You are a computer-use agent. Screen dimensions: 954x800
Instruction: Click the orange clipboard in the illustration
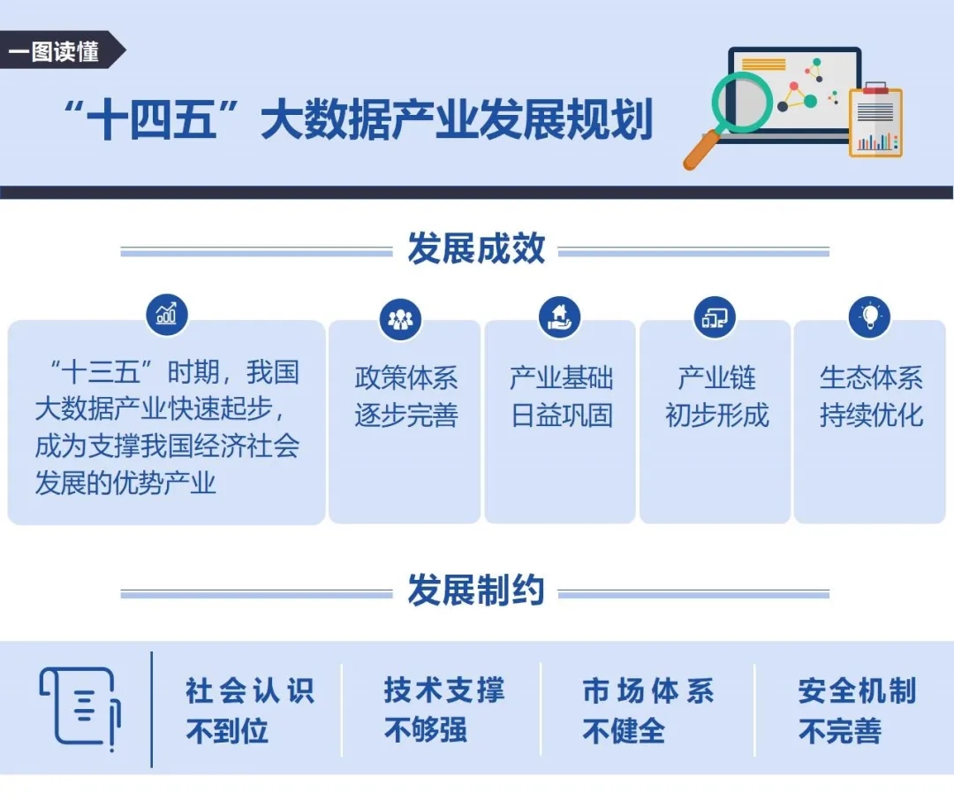(x=875, y=120)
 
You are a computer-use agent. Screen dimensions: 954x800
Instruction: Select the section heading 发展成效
(x=476, y=248)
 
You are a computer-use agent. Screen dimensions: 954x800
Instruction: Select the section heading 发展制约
(x=476, y=590)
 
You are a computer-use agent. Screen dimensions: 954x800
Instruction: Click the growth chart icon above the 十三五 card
(x=167, y=314)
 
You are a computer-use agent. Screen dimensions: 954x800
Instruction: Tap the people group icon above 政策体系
(x=400, y=319)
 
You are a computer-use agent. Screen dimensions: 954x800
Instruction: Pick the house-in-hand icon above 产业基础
(x=560, y=316)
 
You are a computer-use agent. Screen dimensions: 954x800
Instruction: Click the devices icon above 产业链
(x=715, y=316)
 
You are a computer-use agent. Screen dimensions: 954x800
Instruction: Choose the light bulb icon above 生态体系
(x=870, y=316)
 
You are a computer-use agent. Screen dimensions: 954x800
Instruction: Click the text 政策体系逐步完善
(x=405, y=396)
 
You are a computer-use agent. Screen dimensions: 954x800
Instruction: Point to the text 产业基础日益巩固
(x=561, y=396)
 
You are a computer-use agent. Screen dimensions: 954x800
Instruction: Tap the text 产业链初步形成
(x=716, y=396)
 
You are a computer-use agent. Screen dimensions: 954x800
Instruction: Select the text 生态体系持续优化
(x=871, y=396)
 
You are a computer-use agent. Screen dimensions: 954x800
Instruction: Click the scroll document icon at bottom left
(x=80, y=707)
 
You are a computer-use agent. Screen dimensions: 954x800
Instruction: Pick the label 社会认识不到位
(x=250, y=711)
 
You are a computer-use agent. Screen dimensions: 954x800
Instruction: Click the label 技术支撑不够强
(x=444, y=710)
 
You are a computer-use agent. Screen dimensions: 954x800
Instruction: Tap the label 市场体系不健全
(x=648, y=711)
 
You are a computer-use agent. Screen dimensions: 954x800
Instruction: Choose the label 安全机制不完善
(x=857, y=711)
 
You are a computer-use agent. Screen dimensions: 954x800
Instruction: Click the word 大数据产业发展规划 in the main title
(x=457, y=119)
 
